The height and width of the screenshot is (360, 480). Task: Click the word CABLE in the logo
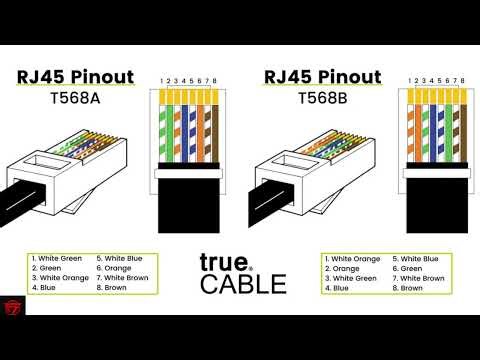coord(243,283)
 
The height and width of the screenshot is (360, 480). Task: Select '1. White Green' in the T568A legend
coord(58,259)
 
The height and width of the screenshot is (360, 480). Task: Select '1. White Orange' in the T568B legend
coord(354,259)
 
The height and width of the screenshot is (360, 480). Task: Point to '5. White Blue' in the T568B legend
coord(415,259)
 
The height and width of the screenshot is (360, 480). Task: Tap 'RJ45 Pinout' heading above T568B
coord(322,77)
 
